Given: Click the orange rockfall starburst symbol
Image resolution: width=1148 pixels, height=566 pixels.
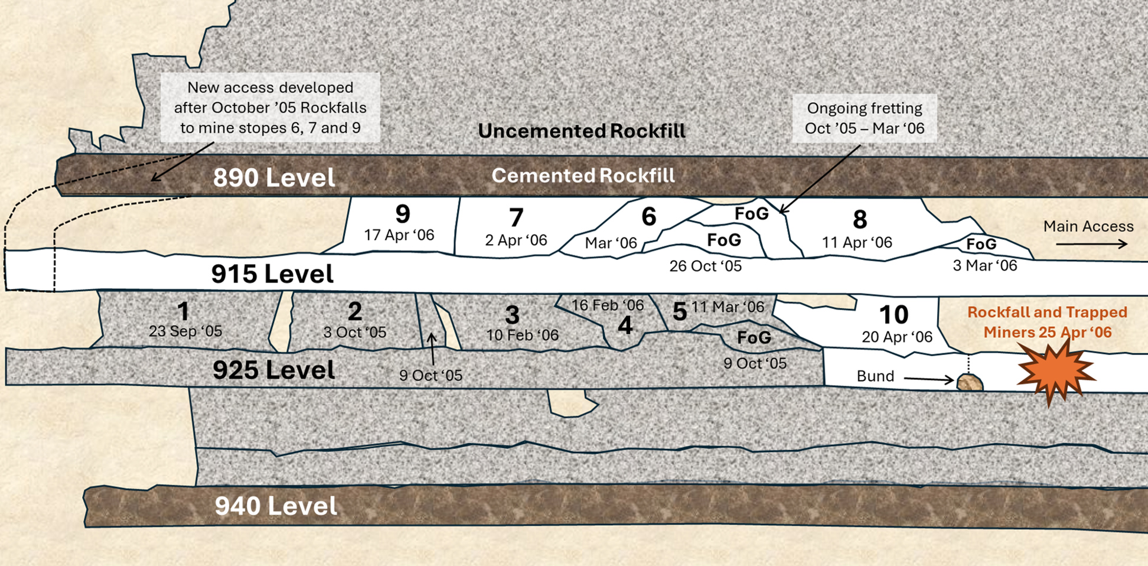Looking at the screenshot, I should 1055,372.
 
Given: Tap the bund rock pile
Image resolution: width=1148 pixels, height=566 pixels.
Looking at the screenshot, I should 970,383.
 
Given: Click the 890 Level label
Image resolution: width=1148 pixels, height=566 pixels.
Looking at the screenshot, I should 273,177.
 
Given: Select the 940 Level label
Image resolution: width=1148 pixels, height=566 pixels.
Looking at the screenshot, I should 276,506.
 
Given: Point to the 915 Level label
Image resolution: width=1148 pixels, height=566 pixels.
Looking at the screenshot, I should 272,274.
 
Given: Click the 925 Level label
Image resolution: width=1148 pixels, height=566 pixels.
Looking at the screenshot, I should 273,370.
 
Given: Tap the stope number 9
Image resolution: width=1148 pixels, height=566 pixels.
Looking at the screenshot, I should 403,214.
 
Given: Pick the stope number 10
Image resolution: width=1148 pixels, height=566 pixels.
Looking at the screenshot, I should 893,315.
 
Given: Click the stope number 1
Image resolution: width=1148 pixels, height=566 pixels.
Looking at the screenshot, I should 183,311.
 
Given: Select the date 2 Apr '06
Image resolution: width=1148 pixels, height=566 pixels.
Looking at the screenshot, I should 516,240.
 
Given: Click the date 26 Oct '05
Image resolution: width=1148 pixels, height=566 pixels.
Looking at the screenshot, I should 705,266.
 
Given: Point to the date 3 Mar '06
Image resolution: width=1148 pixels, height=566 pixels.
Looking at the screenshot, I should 985,265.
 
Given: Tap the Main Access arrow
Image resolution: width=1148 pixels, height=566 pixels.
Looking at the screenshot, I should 1091,243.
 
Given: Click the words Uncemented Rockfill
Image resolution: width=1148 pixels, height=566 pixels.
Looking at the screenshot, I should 582,131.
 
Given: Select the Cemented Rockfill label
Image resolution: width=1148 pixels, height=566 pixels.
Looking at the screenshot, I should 583,175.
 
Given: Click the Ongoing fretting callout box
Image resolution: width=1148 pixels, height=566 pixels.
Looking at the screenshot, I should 865,118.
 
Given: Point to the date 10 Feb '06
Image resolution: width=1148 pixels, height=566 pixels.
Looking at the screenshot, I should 522,335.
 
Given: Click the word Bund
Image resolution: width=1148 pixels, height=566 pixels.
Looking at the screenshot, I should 875,376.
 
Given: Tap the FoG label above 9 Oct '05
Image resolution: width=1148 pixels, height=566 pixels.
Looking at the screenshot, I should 754,337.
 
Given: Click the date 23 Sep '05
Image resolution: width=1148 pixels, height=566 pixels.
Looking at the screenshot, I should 185,331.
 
